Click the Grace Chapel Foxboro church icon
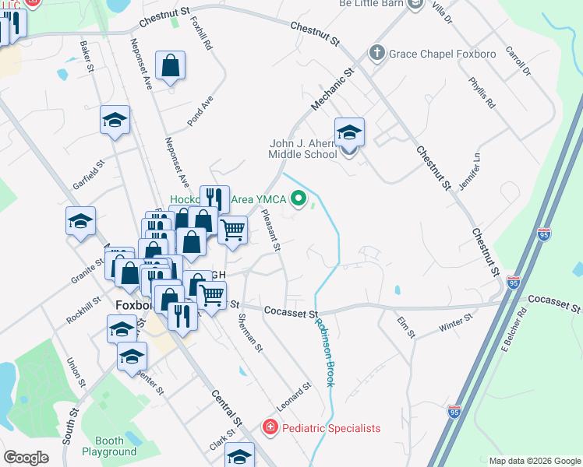click(377, 53)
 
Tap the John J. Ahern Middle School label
click(302, 149)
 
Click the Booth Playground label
click(109, 446)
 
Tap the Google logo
click(26, 458)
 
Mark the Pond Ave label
click(200, 111)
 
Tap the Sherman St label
click(250, 332)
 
